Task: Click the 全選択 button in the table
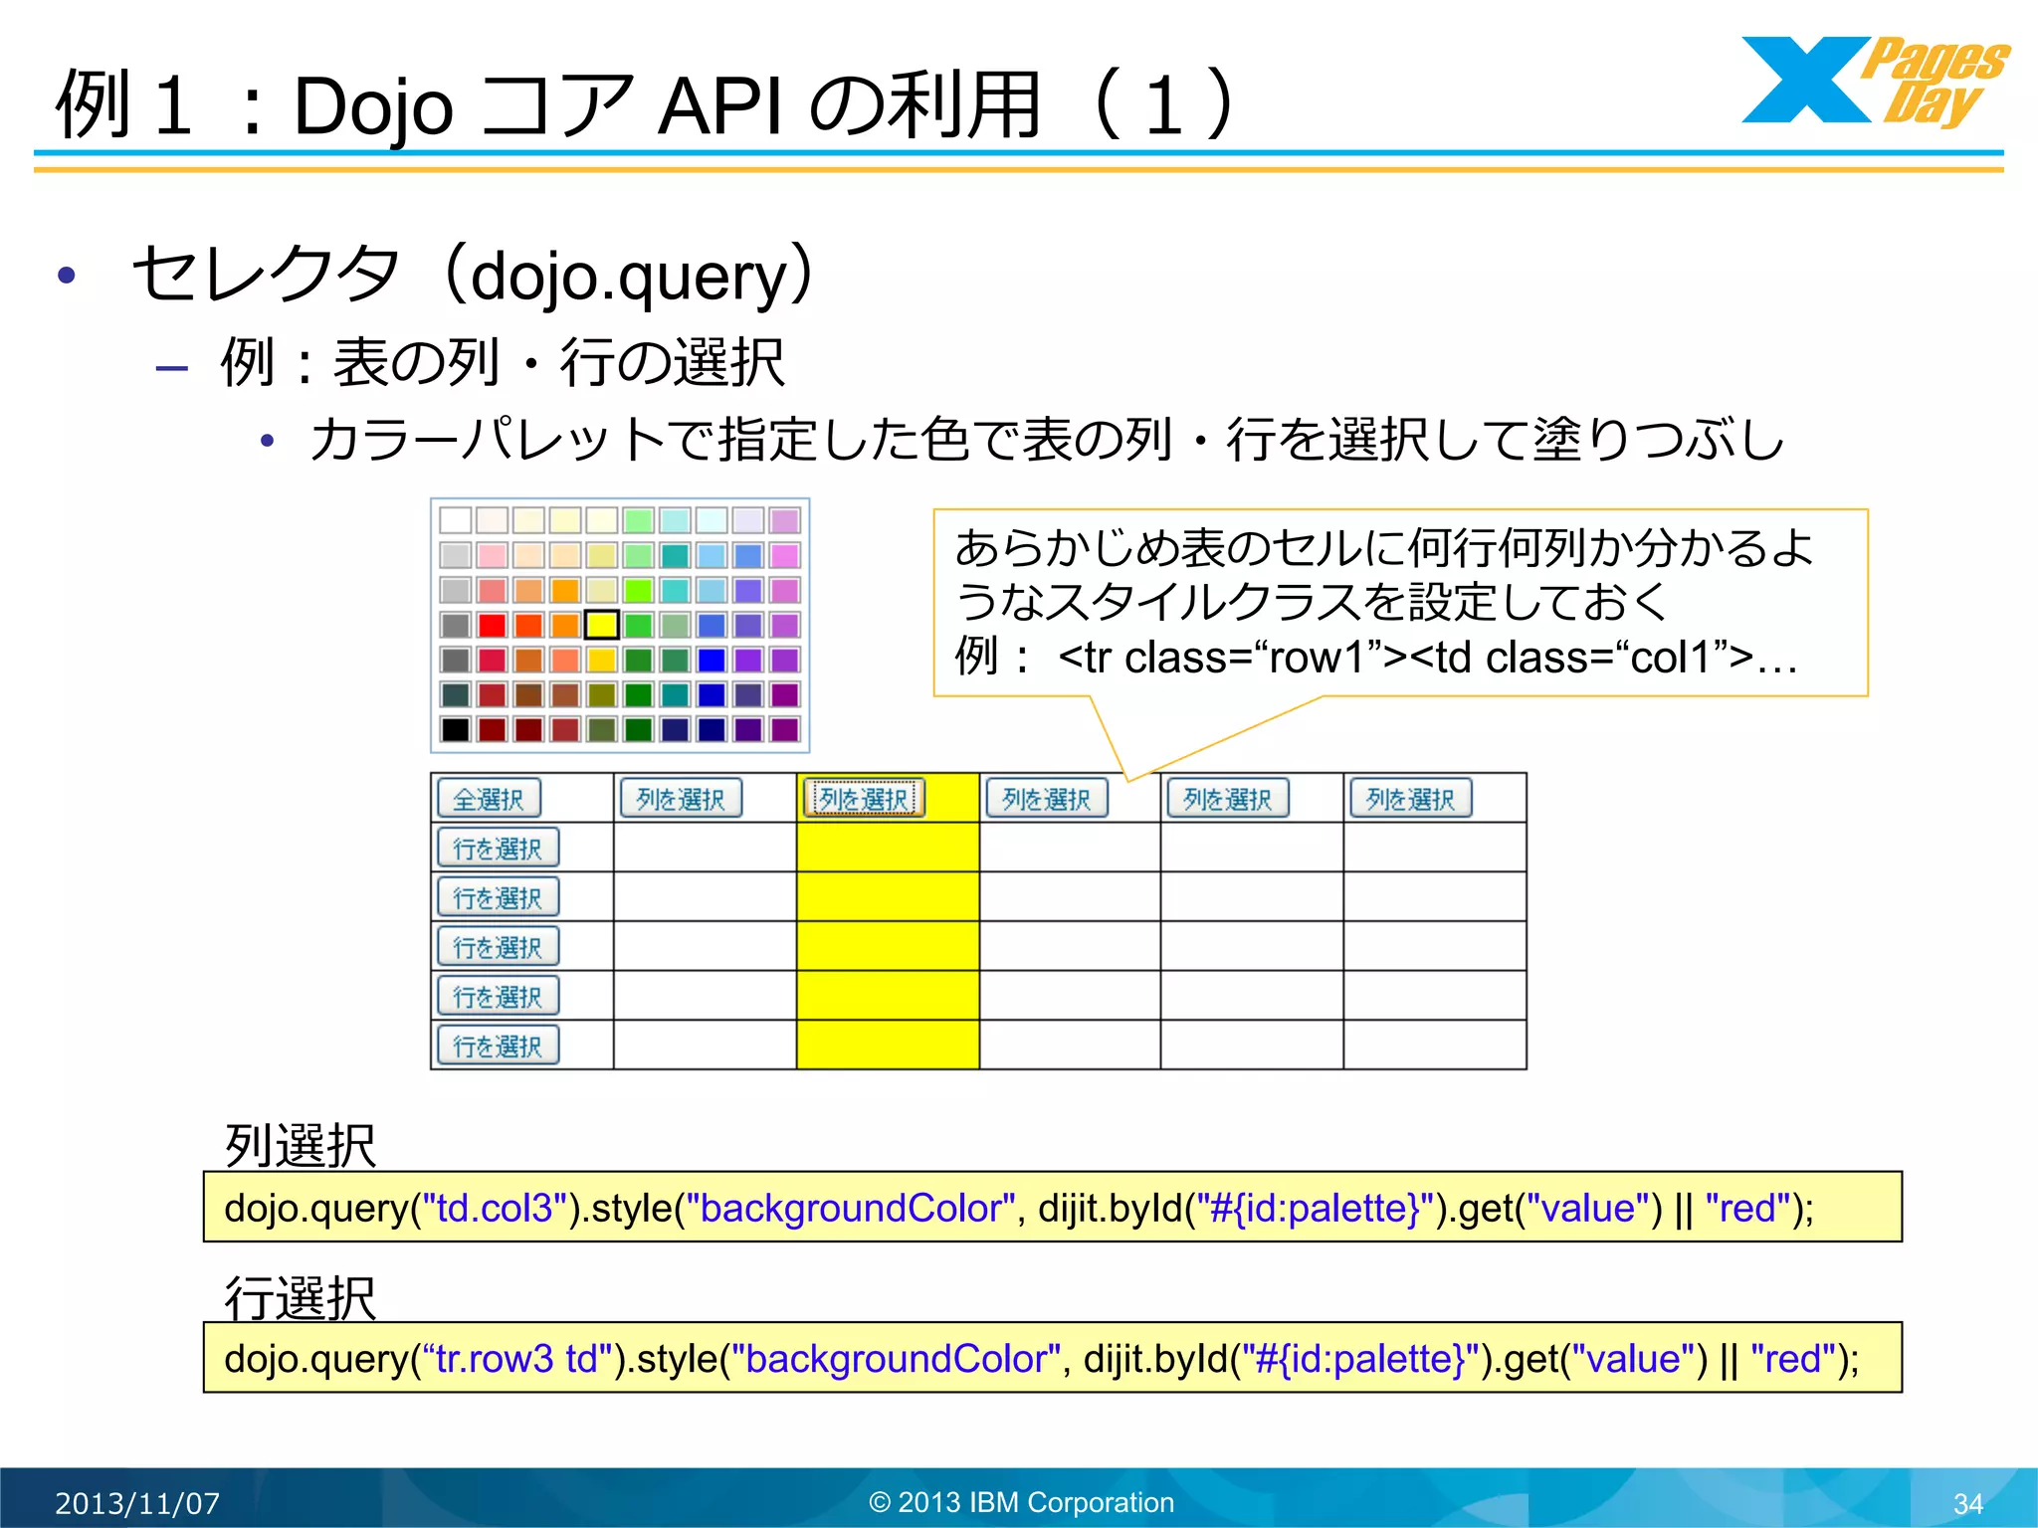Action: point(489,799)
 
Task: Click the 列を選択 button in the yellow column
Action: point(864,799)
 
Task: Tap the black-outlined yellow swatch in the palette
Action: point(601,625)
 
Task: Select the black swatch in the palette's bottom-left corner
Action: point(455,729)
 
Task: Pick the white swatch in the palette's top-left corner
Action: point(455,519)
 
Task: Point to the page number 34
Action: point(1967,1503)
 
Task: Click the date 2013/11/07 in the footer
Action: point(137,1503)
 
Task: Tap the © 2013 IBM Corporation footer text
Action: point(1022,1502)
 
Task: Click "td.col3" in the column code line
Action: point(495,1209)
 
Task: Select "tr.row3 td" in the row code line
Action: point(516,1359)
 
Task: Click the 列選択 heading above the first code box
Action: point(301,1146)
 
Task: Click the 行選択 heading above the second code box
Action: point(301,1298)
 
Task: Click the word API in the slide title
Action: point(720,106)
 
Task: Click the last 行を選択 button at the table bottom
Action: point(498,1046)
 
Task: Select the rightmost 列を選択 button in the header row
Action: point(1410,799)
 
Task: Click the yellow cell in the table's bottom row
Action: point(888,1045)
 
